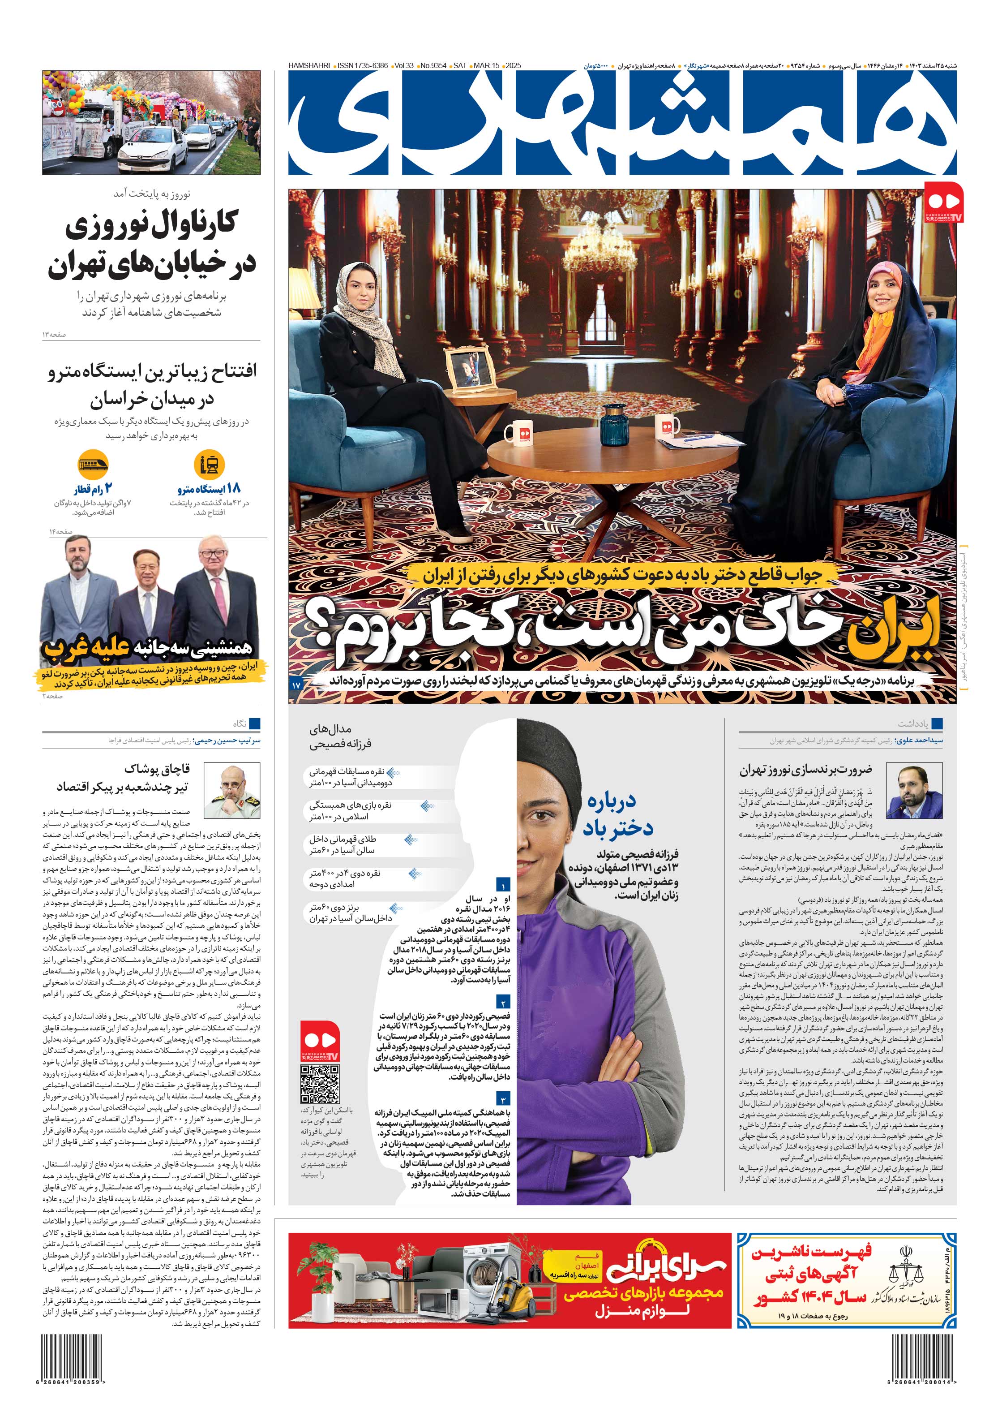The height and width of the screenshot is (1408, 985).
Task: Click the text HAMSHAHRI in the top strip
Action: point(309,65)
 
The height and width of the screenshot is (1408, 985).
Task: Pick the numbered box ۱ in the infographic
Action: point(503,886)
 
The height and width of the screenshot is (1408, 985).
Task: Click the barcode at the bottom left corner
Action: point(73,1374)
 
